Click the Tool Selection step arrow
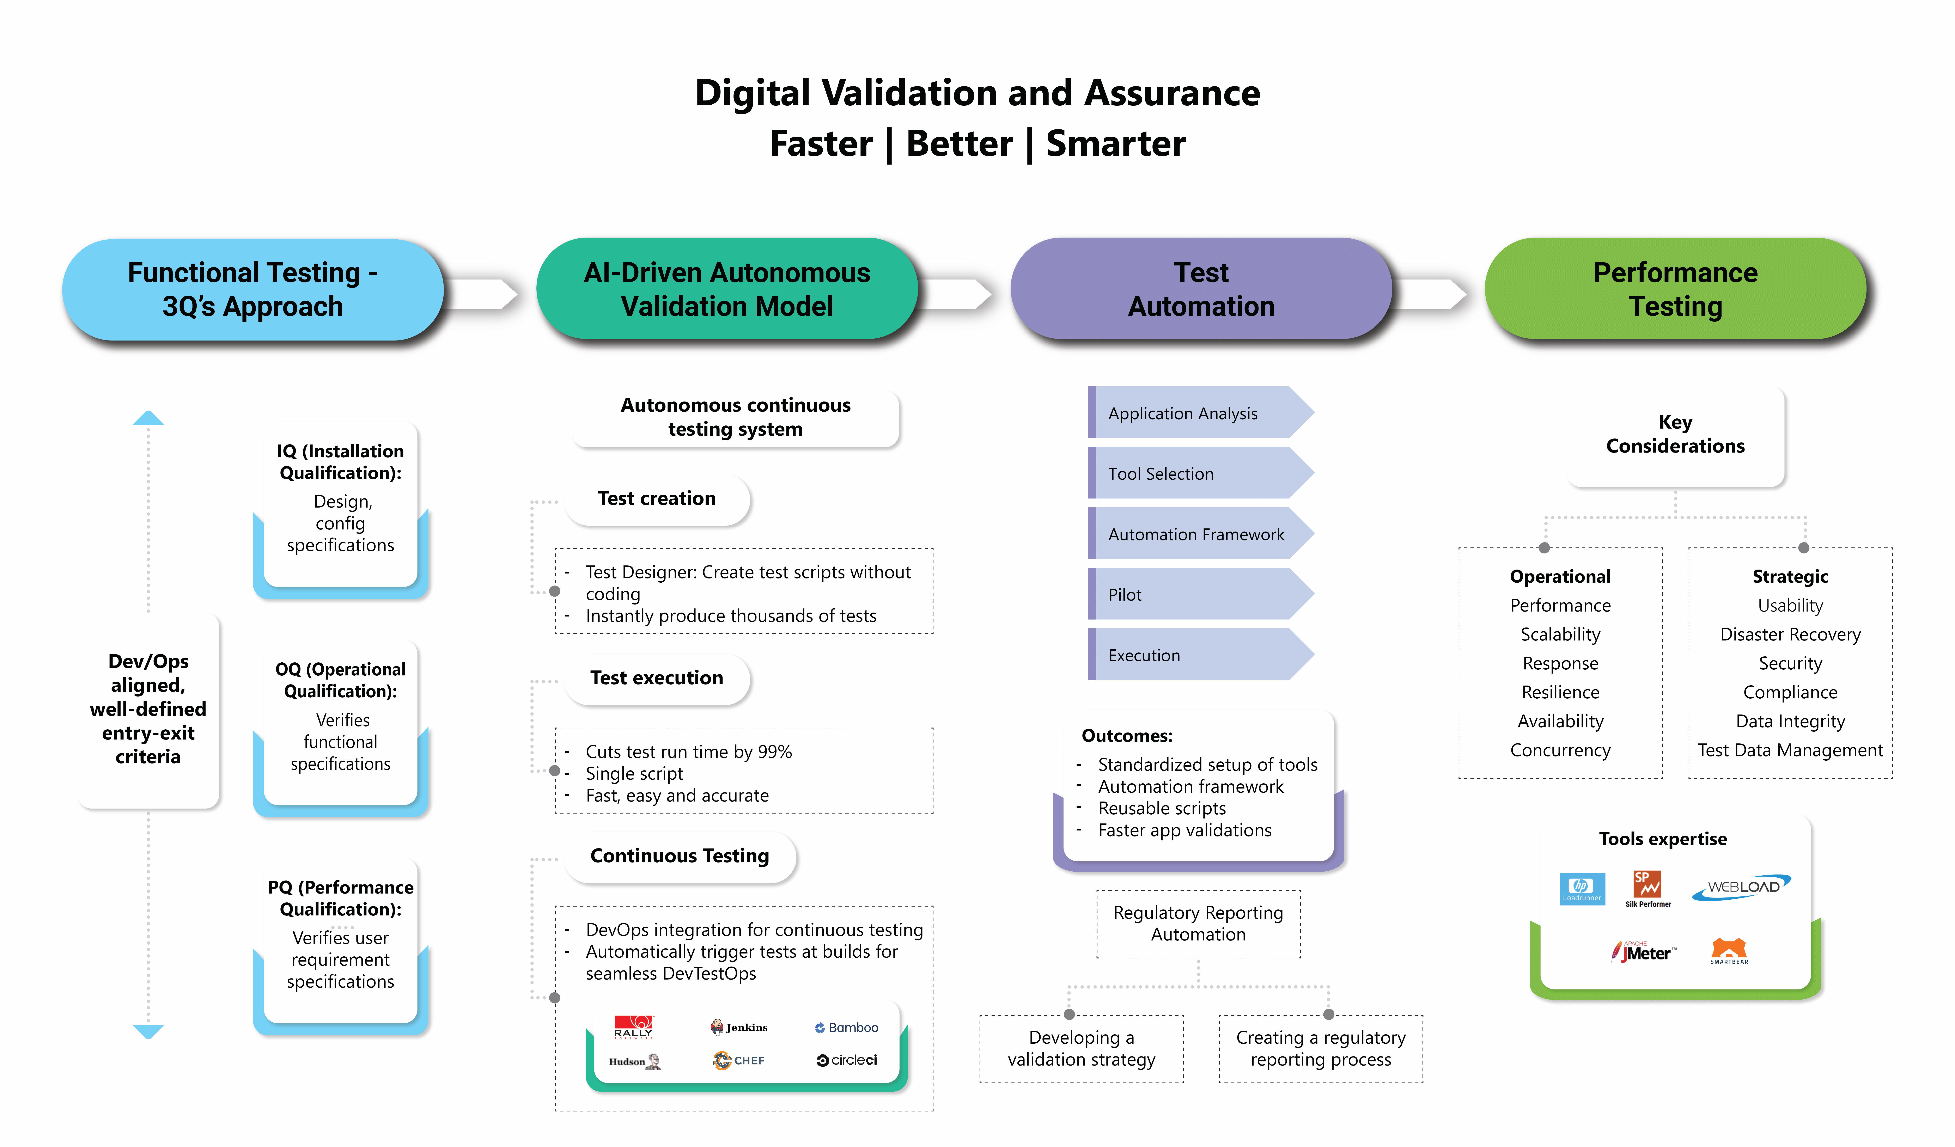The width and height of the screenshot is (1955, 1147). pos(1200,473)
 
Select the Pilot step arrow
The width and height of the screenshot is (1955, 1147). pos(1200,594)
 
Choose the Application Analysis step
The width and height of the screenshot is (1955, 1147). pos(1200,413)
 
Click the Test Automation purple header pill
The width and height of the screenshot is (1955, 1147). pos(1201,289)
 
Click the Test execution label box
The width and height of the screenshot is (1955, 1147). pos(657,678)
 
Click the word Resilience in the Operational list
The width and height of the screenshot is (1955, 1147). pos(1560,692)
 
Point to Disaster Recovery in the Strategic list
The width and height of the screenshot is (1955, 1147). pos(1790,634)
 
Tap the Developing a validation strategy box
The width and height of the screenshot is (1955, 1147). pos(1082,1049)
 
